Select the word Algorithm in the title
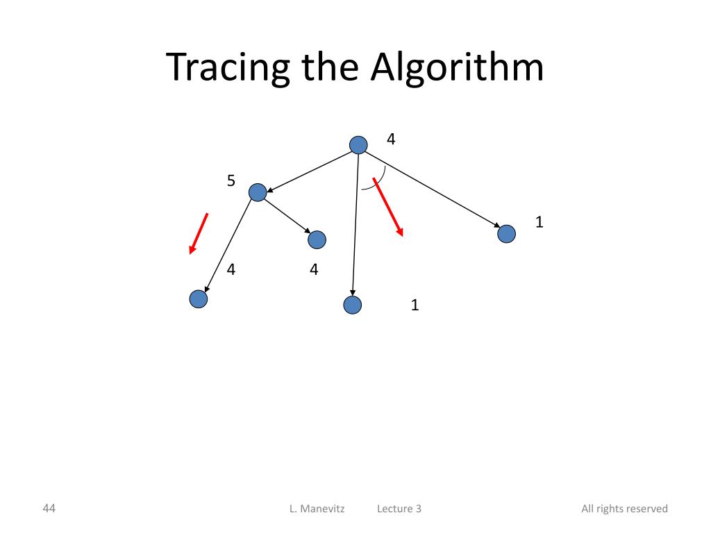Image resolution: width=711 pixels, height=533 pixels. coord(457,68)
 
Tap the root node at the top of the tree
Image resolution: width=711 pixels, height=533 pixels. coord(358,144)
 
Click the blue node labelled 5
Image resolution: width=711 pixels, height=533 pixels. coord(258,193)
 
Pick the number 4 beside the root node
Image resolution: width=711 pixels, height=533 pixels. coord(391,139)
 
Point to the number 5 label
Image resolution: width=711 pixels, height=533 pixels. coord(231,182)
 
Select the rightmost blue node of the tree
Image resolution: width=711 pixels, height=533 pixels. coord(507,234)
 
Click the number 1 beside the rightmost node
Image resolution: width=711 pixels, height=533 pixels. coord(539,222)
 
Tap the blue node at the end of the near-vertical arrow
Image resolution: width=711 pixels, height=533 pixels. coord(353,305)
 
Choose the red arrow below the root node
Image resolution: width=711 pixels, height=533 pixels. coord(388,207)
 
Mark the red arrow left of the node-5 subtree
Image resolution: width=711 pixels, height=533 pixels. coord(199,234)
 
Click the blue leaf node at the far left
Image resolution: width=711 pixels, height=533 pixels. coord(199,299)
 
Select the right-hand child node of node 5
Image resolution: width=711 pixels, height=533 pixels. coord(317,240)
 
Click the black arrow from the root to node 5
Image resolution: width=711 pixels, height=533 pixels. coord(308,169)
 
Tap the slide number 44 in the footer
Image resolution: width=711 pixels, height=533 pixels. coord(49,508)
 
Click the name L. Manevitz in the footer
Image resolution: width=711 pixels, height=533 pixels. coord(317,509)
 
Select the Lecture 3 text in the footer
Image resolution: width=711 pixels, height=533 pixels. coord(399,509)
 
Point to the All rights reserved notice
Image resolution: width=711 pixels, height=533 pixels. coord(624,509)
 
